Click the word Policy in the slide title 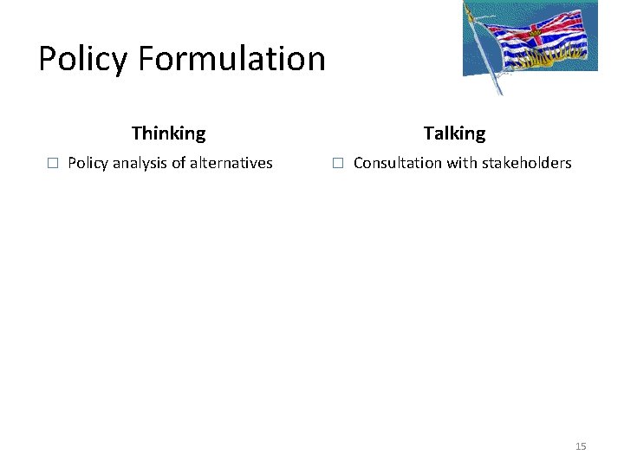(x=84, y=59)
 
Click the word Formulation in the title (x=231, y=59)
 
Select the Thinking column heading (x=169, y=133)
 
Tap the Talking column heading (x=454, y=133)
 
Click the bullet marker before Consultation (x=338, y=163)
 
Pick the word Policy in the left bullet (x=88, y=163)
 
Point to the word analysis (x=140, y=163)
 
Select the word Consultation (x=397, y=163)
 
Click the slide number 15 (x=581, y=446)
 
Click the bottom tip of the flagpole (x=500, y=94)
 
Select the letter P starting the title (x=49, y=59)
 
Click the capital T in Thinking (x=137, y=133)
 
